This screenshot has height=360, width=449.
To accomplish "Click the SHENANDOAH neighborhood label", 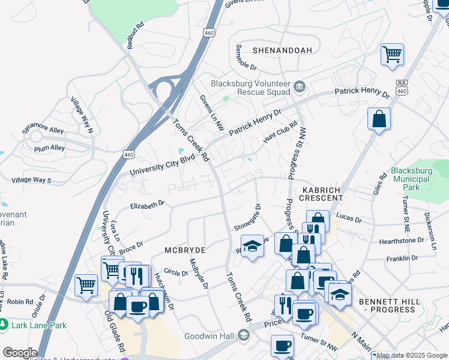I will coord(282,50).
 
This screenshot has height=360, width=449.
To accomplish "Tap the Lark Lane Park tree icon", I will coord(5,324).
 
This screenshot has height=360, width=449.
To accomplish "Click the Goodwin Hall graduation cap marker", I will coord(243,335).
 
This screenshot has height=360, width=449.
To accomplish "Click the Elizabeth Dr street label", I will coord(147,205).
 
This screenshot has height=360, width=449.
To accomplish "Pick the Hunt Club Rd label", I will coord(280,131).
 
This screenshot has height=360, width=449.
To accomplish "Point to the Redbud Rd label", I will coord(134,35).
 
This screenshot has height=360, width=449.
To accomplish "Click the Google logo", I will coord(20,353).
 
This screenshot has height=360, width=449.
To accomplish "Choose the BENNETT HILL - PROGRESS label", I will coord(391,305).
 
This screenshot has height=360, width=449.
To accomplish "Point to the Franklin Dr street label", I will coord(402,258).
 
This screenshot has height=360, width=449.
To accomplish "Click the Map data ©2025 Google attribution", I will coord(412,355).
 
